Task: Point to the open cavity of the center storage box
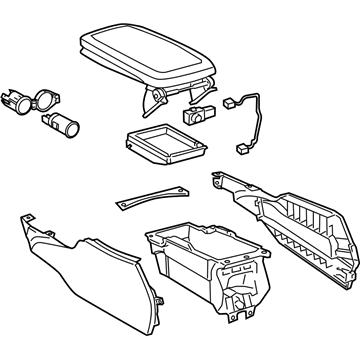[190, 245]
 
